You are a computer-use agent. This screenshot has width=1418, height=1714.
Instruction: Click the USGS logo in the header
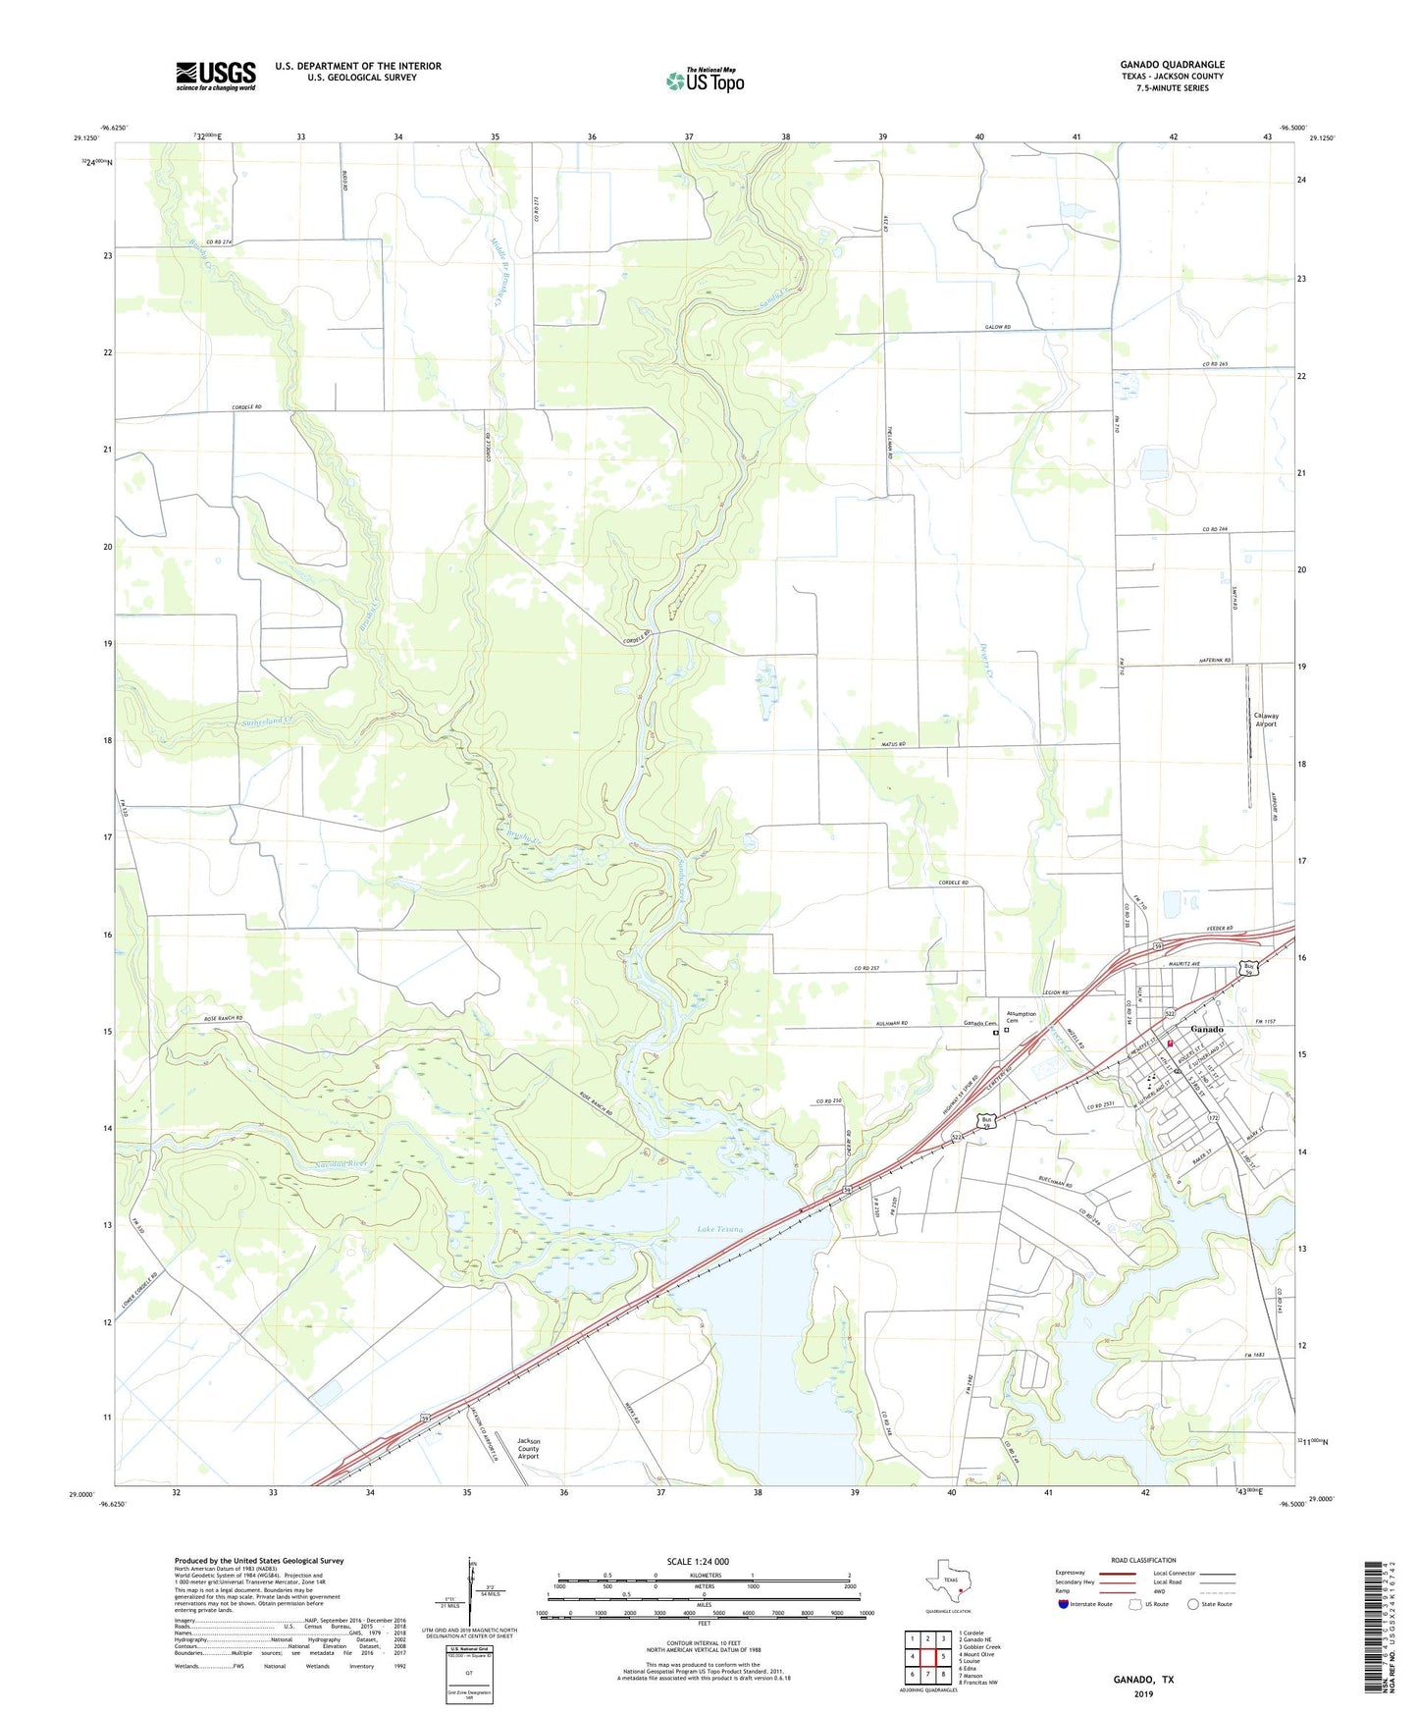pyautogui.click(x=216, y=76)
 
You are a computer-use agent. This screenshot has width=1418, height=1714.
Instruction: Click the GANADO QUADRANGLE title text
pyautogui.click(x=1172, y=65)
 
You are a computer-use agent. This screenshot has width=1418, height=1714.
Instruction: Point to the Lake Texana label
pyautogui.click(x=720, y=1229)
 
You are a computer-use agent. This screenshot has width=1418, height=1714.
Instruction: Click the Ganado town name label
pyautogui.click(x=1206, y=1029)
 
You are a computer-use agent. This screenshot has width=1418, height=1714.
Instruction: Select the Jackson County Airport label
pyautogui.click(x=528, y=1448)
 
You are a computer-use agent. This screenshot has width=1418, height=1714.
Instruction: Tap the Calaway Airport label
pyautogui.click(x=1266, y=720)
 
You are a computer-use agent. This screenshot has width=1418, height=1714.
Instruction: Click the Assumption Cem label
pyautogui.click(x=1021, y=1017)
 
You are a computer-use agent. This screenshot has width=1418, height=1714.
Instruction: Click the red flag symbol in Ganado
pyautogui.click(x=1170, y=1043)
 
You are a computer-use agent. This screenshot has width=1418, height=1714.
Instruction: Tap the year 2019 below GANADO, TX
pyautogui.click(x=1142, y=1693)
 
